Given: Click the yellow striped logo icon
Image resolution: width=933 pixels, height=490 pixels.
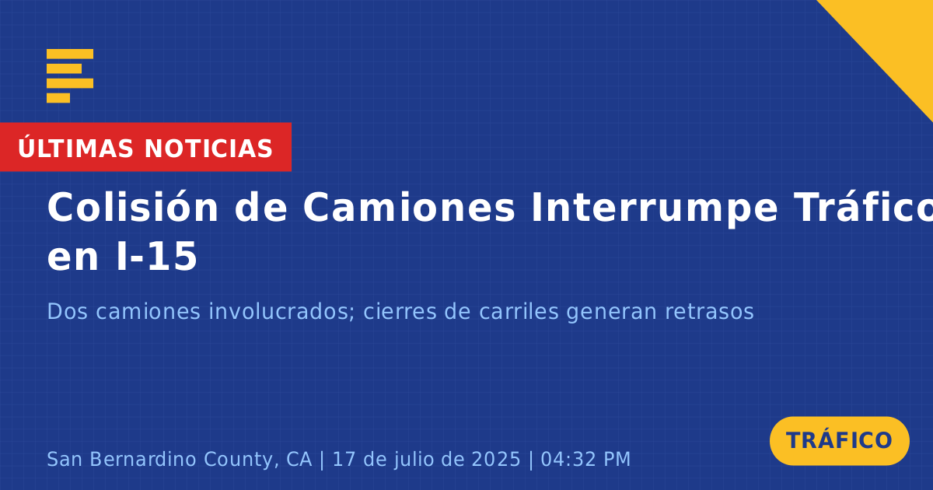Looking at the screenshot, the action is point(70,76).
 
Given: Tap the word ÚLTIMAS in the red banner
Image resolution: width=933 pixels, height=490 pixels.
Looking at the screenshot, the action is point(75,149).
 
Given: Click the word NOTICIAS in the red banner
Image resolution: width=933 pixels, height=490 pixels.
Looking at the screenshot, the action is point(208,149).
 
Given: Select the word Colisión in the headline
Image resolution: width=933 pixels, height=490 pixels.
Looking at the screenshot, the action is point(132,207).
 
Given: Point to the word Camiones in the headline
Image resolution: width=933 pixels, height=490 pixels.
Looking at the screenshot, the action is point(409,208).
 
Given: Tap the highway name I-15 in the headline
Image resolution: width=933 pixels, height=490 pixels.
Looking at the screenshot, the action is point(156,256).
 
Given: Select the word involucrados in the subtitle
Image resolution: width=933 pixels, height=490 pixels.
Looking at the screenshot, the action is point(281,311).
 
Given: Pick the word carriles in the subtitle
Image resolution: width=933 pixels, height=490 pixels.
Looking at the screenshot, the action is point(519,311).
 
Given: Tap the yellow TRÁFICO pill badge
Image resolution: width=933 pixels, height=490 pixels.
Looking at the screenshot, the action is point(839,440).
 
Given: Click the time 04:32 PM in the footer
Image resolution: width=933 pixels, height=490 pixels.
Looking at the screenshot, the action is point(585,459).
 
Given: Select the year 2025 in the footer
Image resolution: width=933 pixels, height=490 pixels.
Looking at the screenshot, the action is point(496,459).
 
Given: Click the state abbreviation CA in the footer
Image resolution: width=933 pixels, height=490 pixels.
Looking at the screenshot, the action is point(299,459).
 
